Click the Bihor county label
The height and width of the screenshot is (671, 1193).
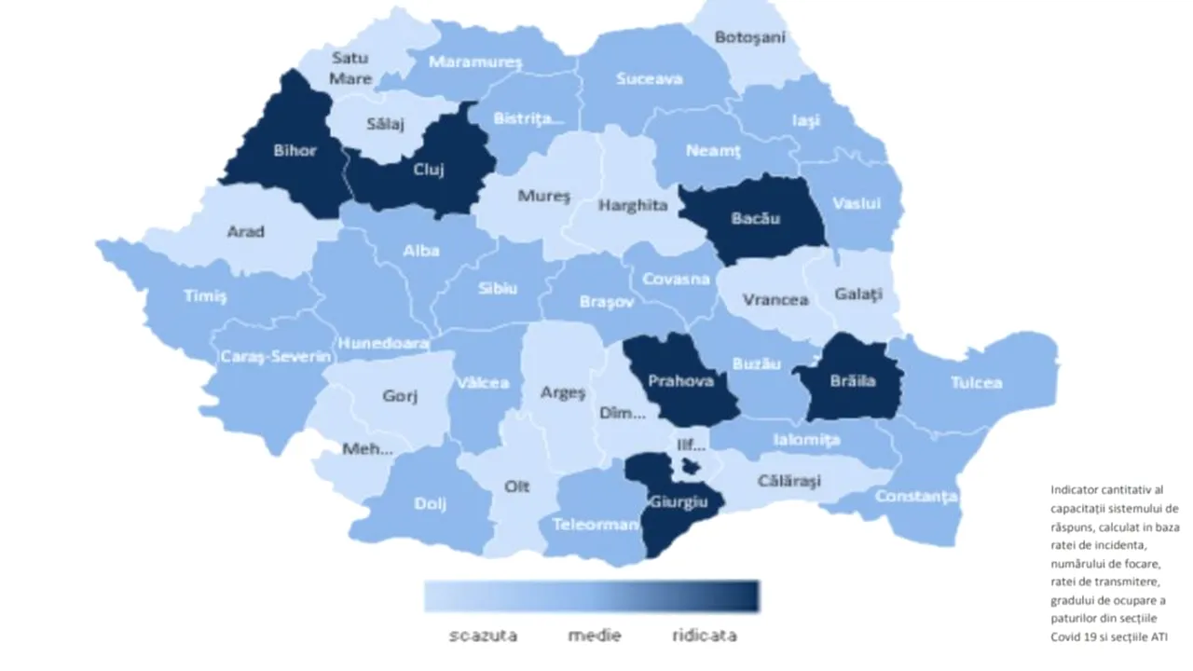click(x=295, y=150)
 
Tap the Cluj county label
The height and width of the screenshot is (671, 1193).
click(x=428, y=170)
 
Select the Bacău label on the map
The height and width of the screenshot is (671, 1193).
click(x=755, y=219)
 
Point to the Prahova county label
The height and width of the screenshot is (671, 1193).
click(x=680, y=380)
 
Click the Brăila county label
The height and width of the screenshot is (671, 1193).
click(x=853, y=380)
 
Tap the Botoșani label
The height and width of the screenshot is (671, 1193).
click(x=750, y=37)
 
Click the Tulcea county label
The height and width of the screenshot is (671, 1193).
click(x=976, y=382)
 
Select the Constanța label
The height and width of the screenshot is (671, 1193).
click(x=915, y=496)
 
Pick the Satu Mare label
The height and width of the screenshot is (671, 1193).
click(x=350, y=68)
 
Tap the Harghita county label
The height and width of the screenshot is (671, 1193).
click(x=633, y=205)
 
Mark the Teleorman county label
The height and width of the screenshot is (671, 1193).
click(x=595, y=524)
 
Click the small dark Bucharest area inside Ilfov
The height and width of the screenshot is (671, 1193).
click(x=691, y=465)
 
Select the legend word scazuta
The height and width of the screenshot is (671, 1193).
click(x=483, y=636)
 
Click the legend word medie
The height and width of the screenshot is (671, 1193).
click(x=595, y=636)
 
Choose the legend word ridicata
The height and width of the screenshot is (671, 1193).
click(x=704, y=636)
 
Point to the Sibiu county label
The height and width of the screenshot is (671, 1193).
click(x=497, y=288)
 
